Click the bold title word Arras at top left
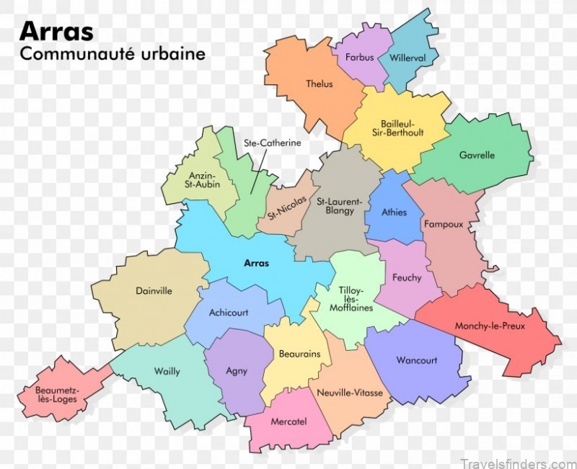point(56,30)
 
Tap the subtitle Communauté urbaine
point(113,54)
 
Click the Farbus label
point(359,57)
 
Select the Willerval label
point(408,57)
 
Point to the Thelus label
point(320,84)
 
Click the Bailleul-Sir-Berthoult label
point(402,128)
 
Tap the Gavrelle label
point(477,154)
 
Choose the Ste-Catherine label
point(272,143)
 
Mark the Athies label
point(395,212)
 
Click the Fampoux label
point(443,224)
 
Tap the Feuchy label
point(407,277)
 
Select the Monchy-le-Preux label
point(490,326)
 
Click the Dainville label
point(154,291)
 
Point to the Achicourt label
point(229,313)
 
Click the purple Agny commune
point(237,371)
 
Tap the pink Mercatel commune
point(288,421)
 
